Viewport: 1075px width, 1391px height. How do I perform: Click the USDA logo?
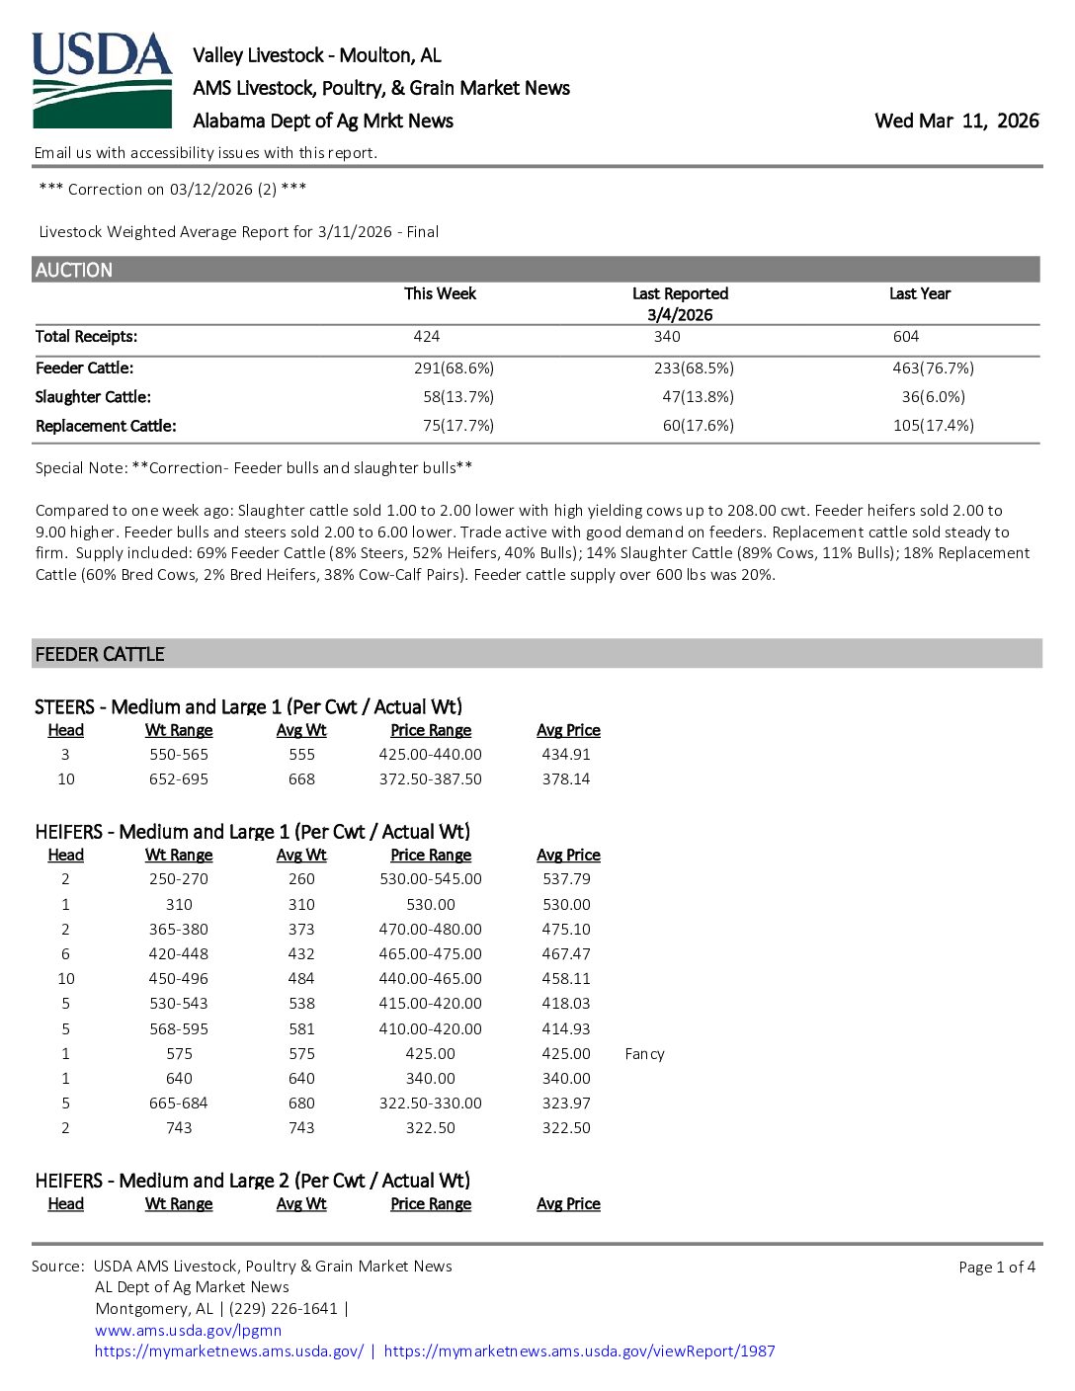102,80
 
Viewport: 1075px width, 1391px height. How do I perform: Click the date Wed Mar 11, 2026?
956,121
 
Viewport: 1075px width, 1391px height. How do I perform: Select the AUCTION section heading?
74,270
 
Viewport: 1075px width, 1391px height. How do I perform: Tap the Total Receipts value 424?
427,337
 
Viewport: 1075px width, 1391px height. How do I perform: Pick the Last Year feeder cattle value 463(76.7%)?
933,368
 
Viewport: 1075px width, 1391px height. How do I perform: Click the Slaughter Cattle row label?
93,397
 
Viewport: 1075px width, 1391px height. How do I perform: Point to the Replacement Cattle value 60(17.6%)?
698,426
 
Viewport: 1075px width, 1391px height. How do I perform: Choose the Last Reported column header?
680,293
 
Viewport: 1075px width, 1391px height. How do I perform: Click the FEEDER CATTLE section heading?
100,654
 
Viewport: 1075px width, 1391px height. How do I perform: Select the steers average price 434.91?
566,755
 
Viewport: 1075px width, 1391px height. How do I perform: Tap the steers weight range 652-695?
179,779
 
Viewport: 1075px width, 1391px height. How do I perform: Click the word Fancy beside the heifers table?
644,1054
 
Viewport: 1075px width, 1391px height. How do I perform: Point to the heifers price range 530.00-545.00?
431,879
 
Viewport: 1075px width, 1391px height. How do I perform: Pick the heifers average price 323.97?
566,1104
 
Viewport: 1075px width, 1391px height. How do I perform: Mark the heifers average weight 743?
301,1128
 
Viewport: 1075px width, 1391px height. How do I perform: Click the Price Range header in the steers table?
431,730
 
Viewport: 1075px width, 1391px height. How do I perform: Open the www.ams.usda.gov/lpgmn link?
188,1330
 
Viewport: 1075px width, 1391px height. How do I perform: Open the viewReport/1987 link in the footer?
579,1350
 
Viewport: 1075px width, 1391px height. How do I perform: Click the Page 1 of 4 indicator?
996,1267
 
